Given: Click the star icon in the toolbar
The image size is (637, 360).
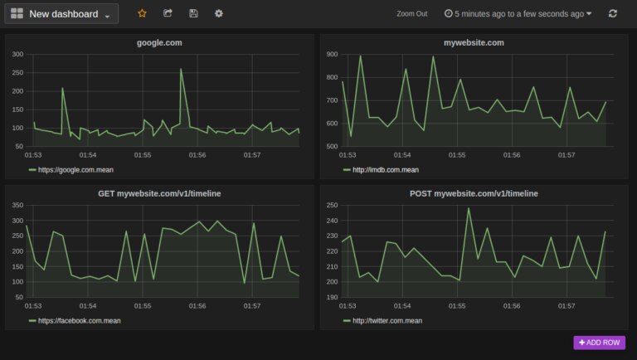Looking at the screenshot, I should click(x=142, y=13).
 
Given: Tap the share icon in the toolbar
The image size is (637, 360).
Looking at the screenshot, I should click(x=168, y=13).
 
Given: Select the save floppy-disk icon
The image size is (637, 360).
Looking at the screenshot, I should click(x=193, y=13).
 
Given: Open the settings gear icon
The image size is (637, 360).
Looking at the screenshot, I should click(x=219, y=13).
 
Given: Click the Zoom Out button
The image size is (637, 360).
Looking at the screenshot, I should click(x=411, y=14).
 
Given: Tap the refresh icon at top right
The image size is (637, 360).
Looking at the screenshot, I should click(x=613, y=14).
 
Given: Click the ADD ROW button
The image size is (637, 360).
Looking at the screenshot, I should click(x=599, y=342).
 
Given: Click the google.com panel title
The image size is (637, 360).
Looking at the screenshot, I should click(x=159, y=42).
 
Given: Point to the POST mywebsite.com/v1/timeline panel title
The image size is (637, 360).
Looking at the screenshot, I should click(x=474, y=193).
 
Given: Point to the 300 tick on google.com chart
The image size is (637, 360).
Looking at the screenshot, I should click(x=17, y=54).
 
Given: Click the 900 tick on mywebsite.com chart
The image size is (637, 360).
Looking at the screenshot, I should click(x=332, y=54).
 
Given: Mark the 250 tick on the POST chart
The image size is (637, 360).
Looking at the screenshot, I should click(x=332, y=205).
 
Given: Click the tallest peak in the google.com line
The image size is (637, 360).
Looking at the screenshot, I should click(x=181, y=70).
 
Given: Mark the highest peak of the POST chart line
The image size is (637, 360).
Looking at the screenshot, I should click(x=469, y=208).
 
